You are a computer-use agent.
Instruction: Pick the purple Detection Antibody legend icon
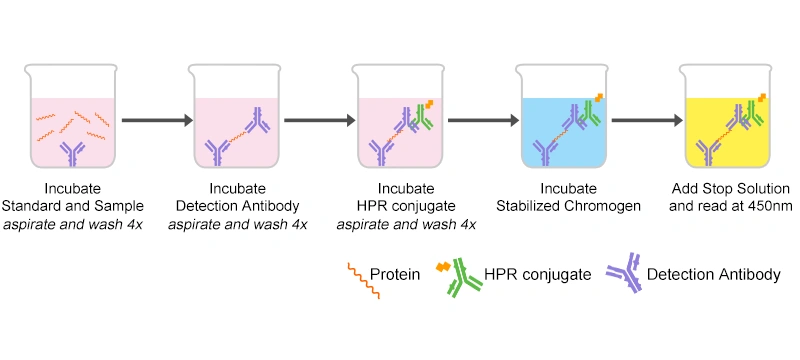pyautogui.click(x=624, y=272)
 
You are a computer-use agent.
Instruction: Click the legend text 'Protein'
pyautogui.click(x=394, y=273)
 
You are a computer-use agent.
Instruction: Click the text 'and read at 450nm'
pyautogui.click(x=730, y=207)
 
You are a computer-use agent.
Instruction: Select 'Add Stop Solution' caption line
pyautogui.click(x=730, y=189)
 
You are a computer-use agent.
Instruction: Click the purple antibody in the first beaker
pyautogui.click(x=72, y=153)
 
